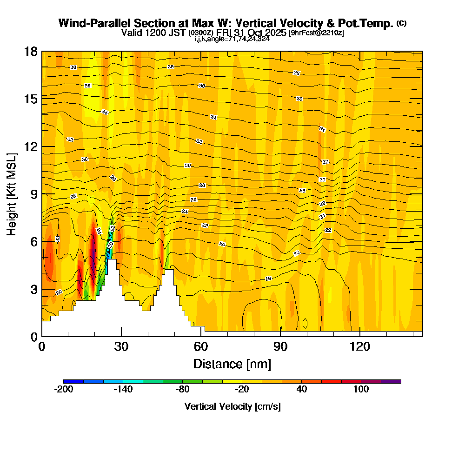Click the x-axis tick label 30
[121, 346]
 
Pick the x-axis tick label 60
[201, 346]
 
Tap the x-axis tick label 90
[280, 346]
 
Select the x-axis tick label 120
[360, 346]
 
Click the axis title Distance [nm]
[232, 364]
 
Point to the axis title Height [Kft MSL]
[12, 193]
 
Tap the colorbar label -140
[123, 390]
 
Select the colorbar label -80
[183, 390]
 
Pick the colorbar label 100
[361, 390]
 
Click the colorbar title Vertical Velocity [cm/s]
[232, 406]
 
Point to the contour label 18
[268, 279]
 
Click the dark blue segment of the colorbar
[73, 381]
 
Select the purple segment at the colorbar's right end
[391, 381]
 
